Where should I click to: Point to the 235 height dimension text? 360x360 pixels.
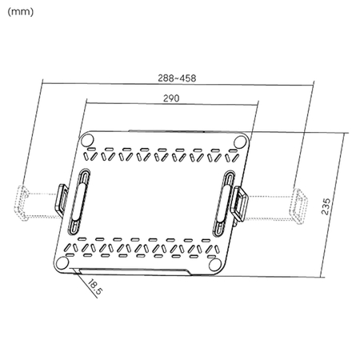[325, 206]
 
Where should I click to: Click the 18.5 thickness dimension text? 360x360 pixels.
[93, 286]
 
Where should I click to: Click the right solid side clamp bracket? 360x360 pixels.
[238, 204]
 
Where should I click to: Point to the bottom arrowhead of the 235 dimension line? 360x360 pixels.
[322, 274]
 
